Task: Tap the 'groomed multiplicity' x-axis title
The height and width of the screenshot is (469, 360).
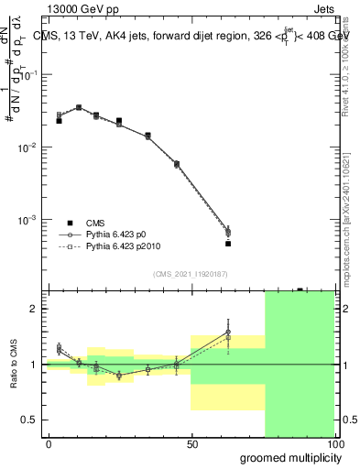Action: click(x=286, y=456)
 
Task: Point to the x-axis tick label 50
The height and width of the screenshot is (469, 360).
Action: click(x=191, y=443)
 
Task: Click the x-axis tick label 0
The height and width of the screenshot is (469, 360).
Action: click(x=49, y=443)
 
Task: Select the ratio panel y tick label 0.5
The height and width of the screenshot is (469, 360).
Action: click(x=28, y=420)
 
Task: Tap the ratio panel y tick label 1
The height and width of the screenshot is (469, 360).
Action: click(x=33, y=365)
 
